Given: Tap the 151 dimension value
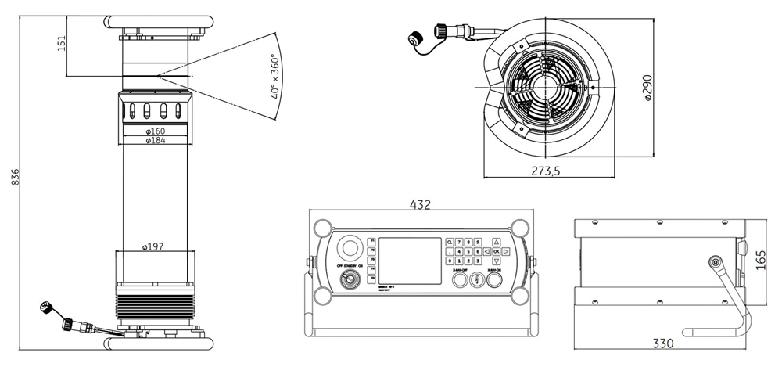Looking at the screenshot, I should pyautogui.click(x=61, y=45).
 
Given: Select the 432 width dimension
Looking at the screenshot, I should pyautogui.click(x=421, y=205).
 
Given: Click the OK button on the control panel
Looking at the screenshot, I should pyautogui.click(x=496, y=252).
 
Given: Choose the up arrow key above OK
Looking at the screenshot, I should pyautogui.click(x=496, y=242).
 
